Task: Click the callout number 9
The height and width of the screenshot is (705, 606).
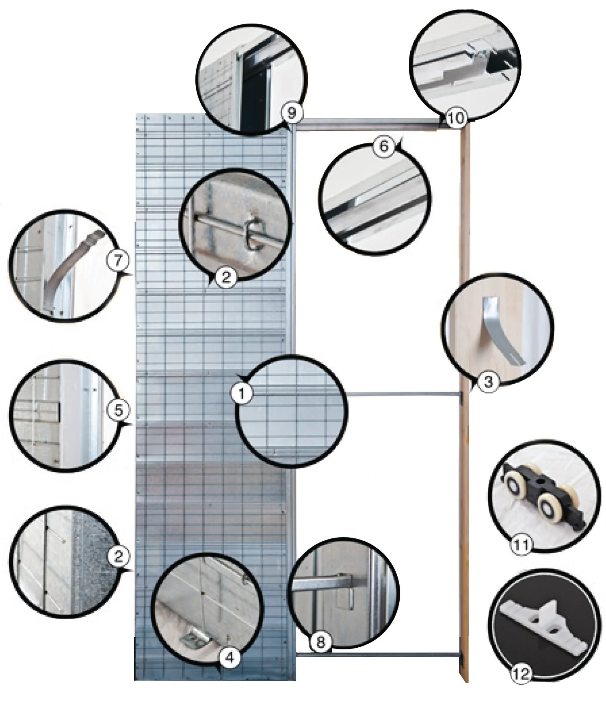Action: point(291,113)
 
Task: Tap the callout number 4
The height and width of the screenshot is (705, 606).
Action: point(229,657)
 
